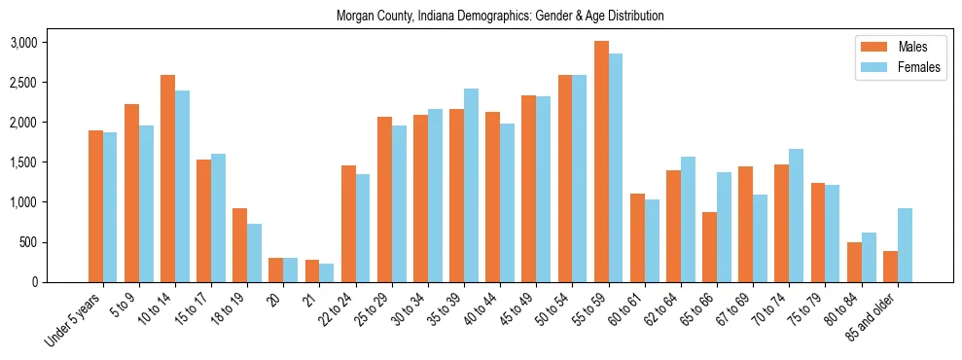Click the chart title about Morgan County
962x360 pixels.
tap(500, 17)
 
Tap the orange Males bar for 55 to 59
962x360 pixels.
tap(601, 162)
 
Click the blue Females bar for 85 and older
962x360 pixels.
tap(905, 245)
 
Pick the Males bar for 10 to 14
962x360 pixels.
tap(167, 179)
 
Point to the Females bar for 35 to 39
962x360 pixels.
tap(471, 186)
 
